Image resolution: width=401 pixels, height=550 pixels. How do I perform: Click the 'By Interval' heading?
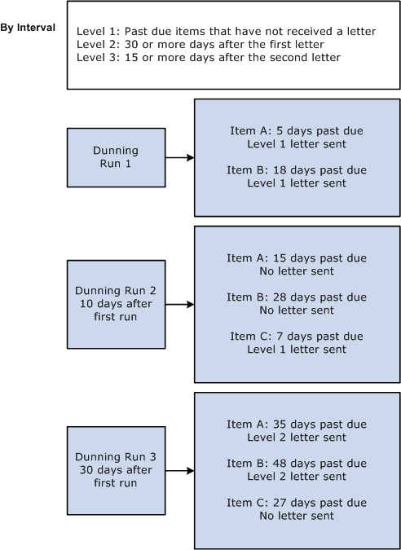coord(28,28)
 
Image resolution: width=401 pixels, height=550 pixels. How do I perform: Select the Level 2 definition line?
coord(200,44)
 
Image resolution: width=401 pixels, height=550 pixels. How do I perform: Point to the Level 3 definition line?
coord(208,57)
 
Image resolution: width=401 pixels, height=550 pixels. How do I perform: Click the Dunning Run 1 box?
coord(116,157)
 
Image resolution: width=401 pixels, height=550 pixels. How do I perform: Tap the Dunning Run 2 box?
coord(116,304)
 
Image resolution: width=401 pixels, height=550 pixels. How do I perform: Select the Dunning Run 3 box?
coord(116,470)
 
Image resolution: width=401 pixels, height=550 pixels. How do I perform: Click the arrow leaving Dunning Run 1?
coord(179,157)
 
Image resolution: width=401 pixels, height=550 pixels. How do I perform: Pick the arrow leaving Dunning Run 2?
coord(179,304)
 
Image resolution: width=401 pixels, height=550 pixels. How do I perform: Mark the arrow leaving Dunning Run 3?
coord(179,470)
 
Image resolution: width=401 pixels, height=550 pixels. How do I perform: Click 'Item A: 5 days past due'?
coord(297,131)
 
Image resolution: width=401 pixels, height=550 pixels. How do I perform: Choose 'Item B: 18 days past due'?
coord(297,170)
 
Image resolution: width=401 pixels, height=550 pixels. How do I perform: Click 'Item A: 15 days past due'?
coord(297,258)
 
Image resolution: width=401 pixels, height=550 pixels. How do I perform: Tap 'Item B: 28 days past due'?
coord(297,297)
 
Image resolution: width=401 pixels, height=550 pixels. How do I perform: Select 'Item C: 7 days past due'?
coord(297,337)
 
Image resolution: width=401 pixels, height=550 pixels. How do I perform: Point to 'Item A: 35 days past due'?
coord(297,425)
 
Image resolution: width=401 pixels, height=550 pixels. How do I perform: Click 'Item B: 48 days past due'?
coord(297,464)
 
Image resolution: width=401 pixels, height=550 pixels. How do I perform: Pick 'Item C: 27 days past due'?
coord(297,503)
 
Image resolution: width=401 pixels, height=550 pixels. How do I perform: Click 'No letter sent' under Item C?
coord(297,516)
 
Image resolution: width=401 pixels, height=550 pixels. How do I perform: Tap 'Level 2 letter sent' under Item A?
coord(297,438)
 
